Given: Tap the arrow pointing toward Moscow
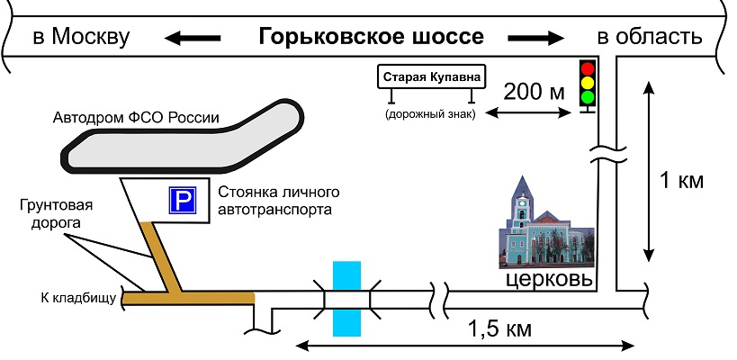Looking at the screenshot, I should [192, 38].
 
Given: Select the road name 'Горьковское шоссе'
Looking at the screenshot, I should [371, 37].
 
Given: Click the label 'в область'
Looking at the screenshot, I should [649, 37].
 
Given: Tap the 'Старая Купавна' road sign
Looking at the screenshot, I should [430, 77].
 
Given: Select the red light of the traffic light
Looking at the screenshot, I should [589, 67].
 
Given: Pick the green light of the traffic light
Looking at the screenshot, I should [589, 95].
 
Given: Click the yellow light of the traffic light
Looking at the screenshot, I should [589, 81].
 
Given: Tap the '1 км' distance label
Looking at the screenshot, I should [680, 180].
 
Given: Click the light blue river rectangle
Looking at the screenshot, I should [346, 298].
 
